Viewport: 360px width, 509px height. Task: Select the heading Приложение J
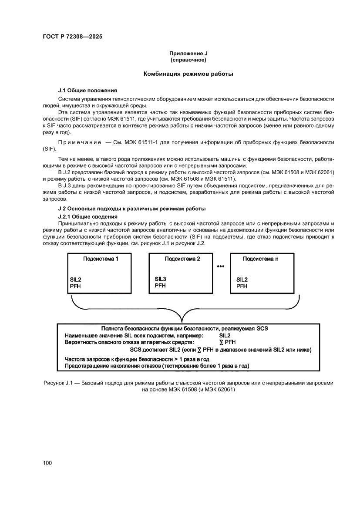click(188, 54)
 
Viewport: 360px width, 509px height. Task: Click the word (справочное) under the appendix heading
click(188, 60)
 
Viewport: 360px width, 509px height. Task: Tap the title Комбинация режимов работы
click(188, 74)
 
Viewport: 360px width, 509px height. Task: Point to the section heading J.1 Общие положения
click(87, 90)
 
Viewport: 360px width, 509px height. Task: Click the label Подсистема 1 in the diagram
click(101, 259)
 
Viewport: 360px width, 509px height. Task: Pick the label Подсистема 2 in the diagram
click(182, 259)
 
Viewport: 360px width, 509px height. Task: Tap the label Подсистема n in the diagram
click(261, 259)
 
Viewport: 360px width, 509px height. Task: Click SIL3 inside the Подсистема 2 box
click(161, 279)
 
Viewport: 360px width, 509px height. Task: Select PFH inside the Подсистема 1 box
click(75, 286)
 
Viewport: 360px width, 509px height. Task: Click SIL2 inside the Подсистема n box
click(242, 280)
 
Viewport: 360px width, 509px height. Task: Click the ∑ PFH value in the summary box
click(227, 342)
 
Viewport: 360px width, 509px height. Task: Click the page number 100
click(47, 463)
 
